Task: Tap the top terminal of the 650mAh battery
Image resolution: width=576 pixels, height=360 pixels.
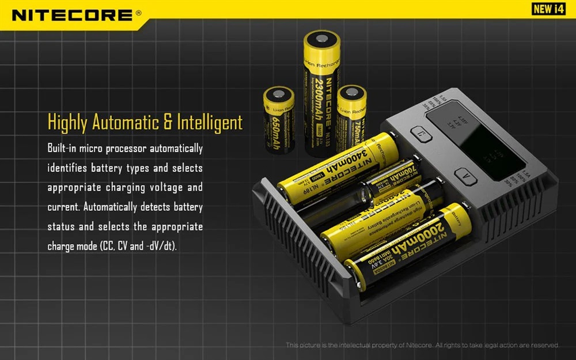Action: (x=279, y=94)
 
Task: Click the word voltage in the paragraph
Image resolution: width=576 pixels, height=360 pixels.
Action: (x=169, y=188)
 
